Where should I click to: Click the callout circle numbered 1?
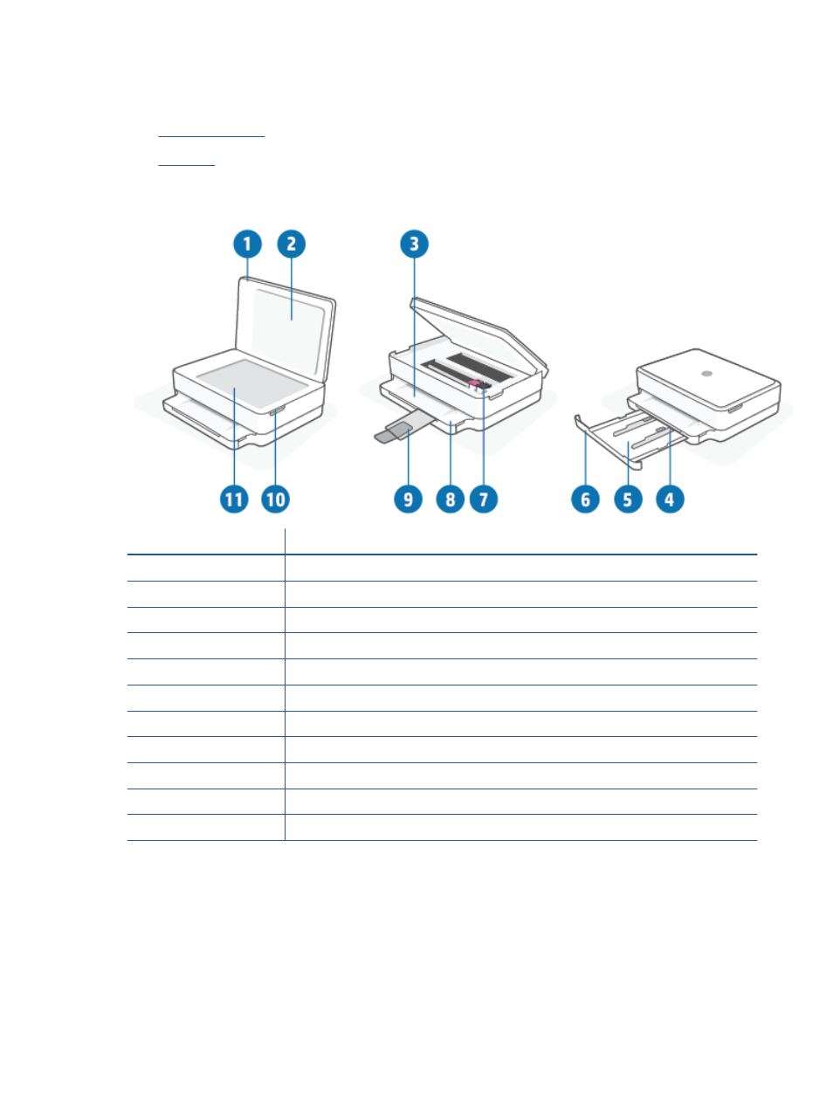pyautogui.click(x=247, y=244)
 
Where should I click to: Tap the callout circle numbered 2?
pyautogui.click(x=291, y=244)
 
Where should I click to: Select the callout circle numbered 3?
pyautogui.click(x=414, y=244)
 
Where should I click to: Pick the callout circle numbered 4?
pyautogui.click(x=670, y=499)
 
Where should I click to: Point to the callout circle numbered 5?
pyautogui.click(x=628, y=499)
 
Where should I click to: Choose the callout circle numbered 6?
pyautogui.click(x=586, y=499)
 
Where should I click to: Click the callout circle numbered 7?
pyautogui.click(x=484, y=499)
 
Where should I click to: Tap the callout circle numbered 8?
pyautogui.click(x=450, y=499)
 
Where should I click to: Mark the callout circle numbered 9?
pyautogui.click(x=408, y=499)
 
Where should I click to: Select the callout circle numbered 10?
pyautogui.click(x=275, y=499)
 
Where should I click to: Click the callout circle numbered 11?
pyautogui.click(x=234, y=499)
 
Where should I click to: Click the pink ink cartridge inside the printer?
pyautogui.click(x=473, y=384)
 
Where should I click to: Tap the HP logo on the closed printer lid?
pyautogui.click(x=706, y=374)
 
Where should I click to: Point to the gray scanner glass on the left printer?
pyautogui.click(x=252, y=384)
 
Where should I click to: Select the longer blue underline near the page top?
pyautogui.click(x=211, y=136)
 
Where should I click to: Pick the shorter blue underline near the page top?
pyautogui.click(x=186, y=165)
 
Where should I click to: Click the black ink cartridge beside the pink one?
pyautogui.click(x=484, y=386)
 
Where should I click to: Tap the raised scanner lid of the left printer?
pyautogui.click(x=286, y=328)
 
